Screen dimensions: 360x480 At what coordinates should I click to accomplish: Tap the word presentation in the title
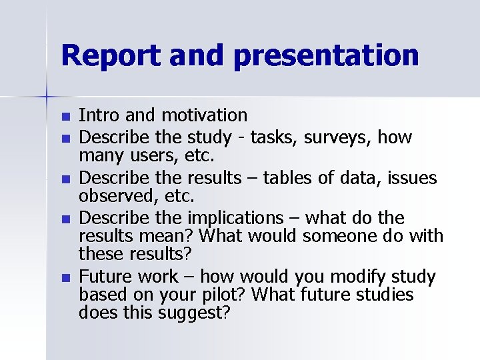coord(326,56)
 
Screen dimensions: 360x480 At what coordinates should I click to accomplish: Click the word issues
coord(413,178)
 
